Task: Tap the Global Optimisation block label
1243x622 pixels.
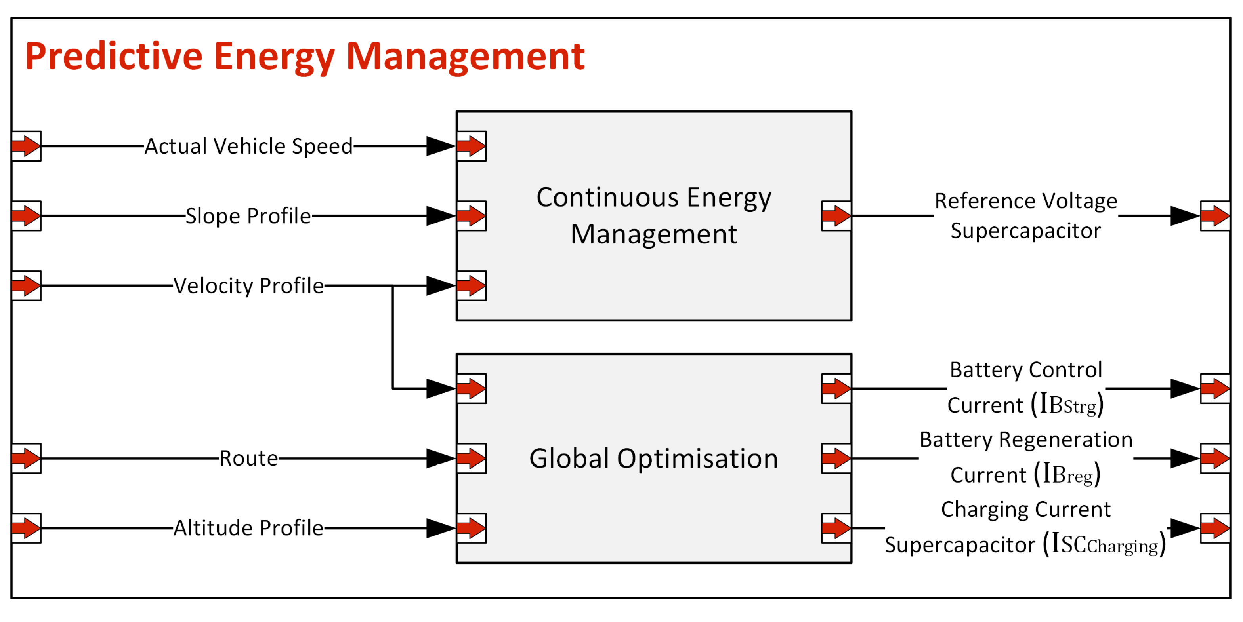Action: [x=653, y=458]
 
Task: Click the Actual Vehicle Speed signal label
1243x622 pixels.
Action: [x=248, y=146]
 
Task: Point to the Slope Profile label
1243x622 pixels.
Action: [x=248, y=216]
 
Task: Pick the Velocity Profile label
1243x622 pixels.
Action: [x=248, y=286]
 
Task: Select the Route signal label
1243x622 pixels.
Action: [x=248, y=458]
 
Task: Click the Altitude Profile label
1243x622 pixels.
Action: [x=248, y=528]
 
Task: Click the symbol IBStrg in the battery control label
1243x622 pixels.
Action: [x=1070, y=405]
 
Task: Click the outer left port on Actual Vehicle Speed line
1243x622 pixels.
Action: [x=26, y=146]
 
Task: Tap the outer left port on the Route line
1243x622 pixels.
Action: [x=26, y=458]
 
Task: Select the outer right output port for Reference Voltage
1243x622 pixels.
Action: [x=1214, y=216]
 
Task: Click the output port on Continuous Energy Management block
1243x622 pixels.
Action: [x=836, y=216]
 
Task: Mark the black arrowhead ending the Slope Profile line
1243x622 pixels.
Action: [x=440, y=216]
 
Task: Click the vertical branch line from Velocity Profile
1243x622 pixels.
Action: [x=393, y=337]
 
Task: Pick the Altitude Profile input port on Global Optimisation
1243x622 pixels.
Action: [x=471, y=528]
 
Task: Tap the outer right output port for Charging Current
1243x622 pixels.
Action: [x=1214, y=528]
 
